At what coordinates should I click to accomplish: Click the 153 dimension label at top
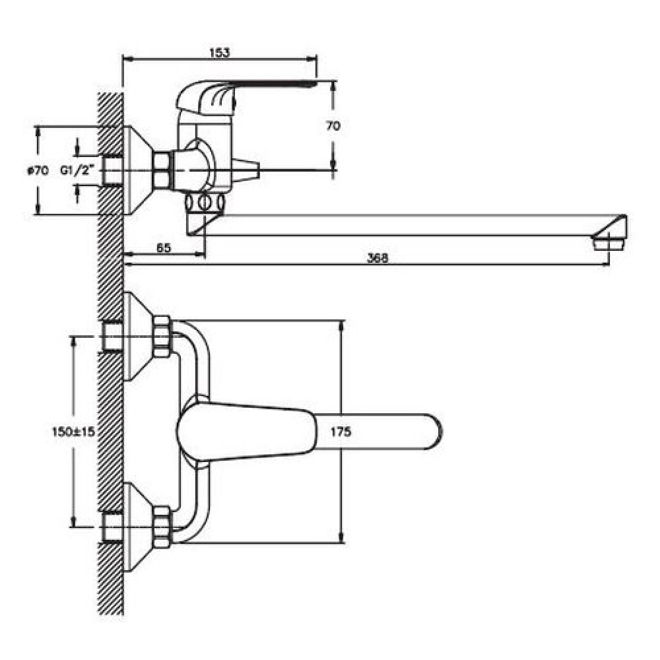(220, 53)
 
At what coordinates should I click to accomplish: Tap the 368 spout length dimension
(378, 257)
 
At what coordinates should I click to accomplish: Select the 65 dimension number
(164, 247)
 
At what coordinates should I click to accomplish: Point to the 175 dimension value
(341, 432)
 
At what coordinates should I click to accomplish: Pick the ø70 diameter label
(38, 170)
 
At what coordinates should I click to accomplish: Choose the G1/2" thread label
(77, 170)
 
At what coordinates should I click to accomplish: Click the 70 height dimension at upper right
(333, 125)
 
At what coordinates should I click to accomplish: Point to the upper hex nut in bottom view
(162, 337)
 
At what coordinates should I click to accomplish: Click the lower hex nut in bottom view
(162, 527)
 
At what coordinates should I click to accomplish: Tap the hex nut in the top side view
(161, 170)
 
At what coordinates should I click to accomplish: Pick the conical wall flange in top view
(138, 170)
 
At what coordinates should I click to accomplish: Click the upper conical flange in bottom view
(138, 337)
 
